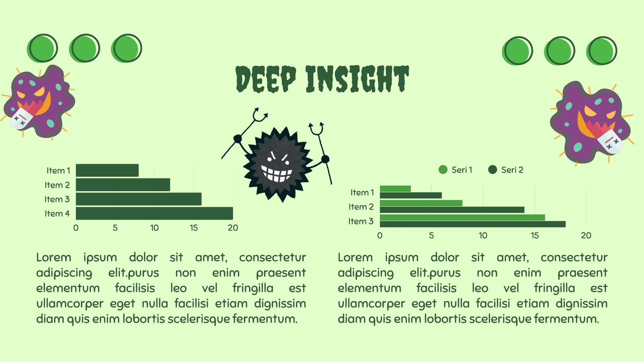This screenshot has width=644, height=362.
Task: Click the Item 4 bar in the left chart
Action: tap(155, 214)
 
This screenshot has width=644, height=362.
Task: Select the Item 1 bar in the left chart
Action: tap(107, 171)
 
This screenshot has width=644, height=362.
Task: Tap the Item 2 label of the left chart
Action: tap(57, 185)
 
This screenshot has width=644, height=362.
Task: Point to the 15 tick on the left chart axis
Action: tap(194, 228)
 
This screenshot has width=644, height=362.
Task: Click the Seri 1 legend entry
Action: tap(455, 170)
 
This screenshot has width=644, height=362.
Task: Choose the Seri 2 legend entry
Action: tap(506, 170)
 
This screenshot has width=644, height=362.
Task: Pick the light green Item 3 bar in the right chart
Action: tap(462, 218)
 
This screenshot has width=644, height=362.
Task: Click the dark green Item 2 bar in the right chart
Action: tap(452, 210)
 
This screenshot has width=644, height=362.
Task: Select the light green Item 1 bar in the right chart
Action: tap(395, 189)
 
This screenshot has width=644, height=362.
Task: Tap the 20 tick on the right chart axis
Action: tap(586, 236)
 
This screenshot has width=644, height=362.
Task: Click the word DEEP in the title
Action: tap(266, 79)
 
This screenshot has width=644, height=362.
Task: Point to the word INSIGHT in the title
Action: tap(357, 79)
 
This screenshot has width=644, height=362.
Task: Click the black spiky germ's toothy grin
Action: tap(277, 173)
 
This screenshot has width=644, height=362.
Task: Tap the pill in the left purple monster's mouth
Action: tap(22, 118)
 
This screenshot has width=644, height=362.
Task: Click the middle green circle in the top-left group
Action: tap(85, 48)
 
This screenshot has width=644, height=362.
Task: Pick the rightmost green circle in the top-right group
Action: tap(601, 51)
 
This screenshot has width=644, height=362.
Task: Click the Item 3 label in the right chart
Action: tap(361, 221)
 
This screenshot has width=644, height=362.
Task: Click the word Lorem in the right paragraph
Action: tap(355, 257)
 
